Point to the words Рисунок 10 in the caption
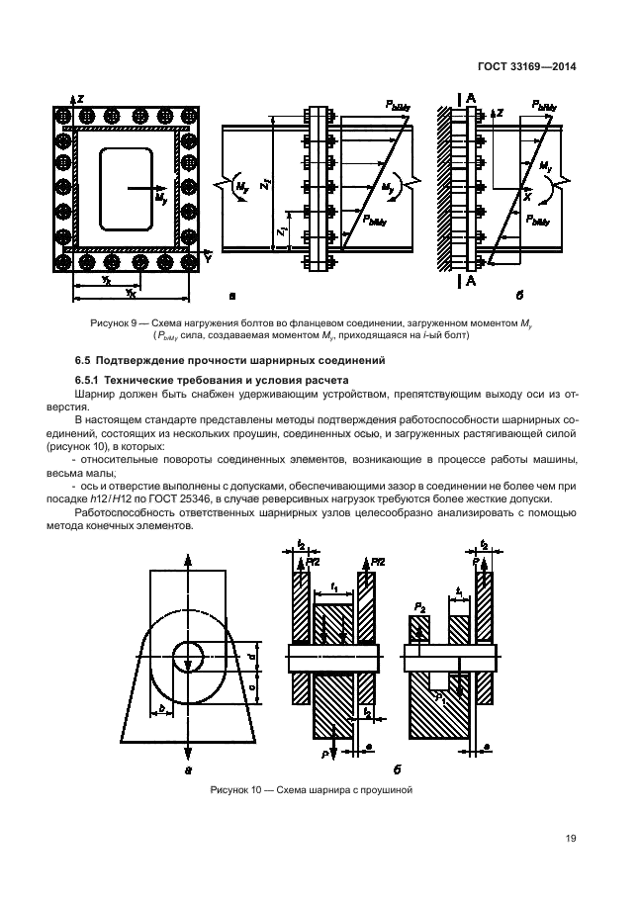tap(233, 789)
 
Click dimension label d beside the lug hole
tap(252, 656)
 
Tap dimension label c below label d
tap(252, 683)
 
